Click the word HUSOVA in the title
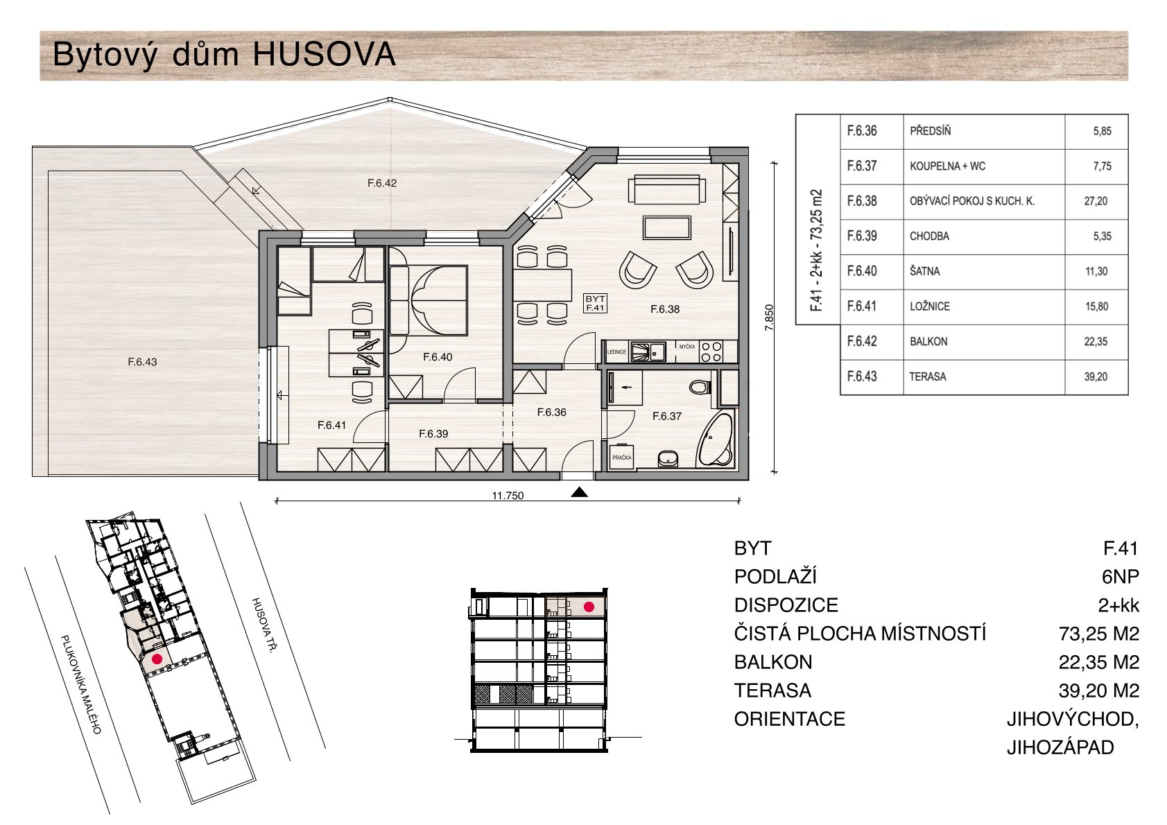pyautogui.click(x=324, y=54)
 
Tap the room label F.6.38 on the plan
pyautogui.click(x=665, y=309)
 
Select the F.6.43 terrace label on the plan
pyautogui.click(x=142, y=362)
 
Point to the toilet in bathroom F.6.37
pyautogui.click(x=699, y=387)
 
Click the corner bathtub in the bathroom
pyautogui.click(x=716, y=437)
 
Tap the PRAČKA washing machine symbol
pyautogui.click(x=621, y=457)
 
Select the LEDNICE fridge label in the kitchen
pyautogui.click(x=616, y=352)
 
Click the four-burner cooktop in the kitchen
pyautogui.click(x=711, y=351)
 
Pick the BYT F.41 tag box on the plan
pyautogui.click(x=595, y=303)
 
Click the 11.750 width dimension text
pyautogui.click(x=508, y=496)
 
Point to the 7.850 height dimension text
pyautogui.click(x=769, y=318)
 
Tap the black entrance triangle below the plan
pyautogui.click(x=579, y=492)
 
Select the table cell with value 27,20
pyautogui.click(x=1096, y=202)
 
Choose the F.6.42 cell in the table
pyautogui.click(x=872, y=342)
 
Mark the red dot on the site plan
pyautogui.click(x=157, y=659)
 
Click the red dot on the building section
pyautogui.click(x=589, y=607)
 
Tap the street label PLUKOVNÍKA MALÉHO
pyautogui.click(x=80, y=684)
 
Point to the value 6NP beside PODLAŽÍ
pyautogui.click(x=1120, y=577)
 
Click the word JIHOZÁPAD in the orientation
pyautogui.click(x=1060, y=748)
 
